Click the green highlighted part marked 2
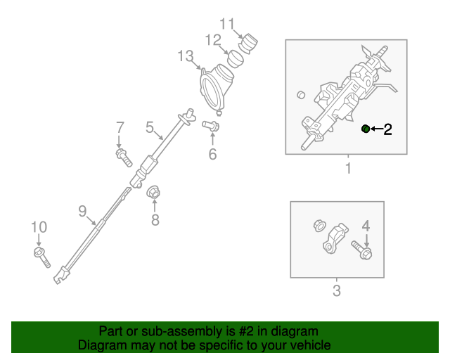pos(366,128)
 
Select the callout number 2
pos(387,129)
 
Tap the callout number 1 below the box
pos(347,169)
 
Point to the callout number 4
pos(366,226)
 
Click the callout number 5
pos(150,127)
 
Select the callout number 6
pos(212,153)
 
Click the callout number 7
pos(120,127)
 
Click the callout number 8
pos(155,220)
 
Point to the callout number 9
pos(82,210)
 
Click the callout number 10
pos(38,226)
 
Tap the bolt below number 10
pos(41,257)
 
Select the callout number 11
pos(226,23)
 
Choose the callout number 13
pos(185,55)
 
